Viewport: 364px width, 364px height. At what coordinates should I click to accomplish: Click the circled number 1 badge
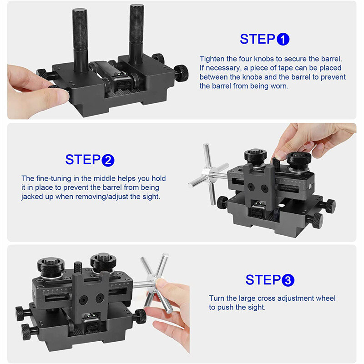coord(283,39)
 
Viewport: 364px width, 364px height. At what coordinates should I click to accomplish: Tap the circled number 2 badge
coord(108,160)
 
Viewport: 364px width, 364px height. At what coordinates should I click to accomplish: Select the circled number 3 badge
coord(288,280)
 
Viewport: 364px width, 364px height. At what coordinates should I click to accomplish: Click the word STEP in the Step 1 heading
coord(257,39)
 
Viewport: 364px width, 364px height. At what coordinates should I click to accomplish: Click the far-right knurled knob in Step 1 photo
coord(181,73)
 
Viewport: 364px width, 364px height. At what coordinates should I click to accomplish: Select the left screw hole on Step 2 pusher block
coord(251,187)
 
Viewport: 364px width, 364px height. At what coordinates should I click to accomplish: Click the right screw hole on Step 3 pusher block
coord(100,298)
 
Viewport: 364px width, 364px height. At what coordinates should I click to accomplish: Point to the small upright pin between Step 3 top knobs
coord(78,267)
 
